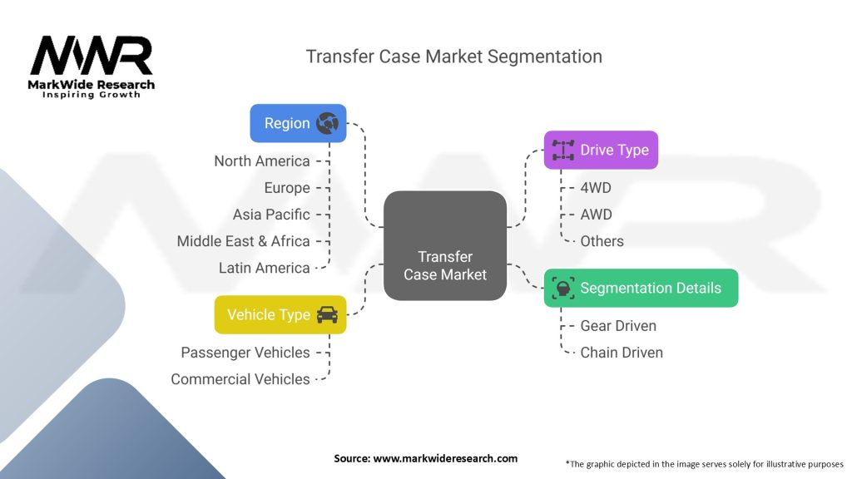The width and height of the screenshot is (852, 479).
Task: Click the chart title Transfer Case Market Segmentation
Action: [x=453, y=57]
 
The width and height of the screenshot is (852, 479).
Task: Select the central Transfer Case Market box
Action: [x=445, y=245]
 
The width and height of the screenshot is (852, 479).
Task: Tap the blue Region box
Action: [x=298, y=123]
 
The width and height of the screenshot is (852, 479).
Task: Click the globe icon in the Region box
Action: [x=327, y=123]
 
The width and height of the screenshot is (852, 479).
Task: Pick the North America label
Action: [x=261, y=161]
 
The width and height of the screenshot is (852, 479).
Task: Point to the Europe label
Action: [x=286, y=188]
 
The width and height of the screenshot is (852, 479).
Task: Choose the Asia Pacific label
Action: [x=271, y=215]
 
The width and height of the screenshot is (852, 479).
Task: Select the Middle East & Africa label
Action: [x=243, y=241]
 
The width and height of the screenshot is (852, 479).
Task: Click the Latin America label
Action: [x=264, y=268]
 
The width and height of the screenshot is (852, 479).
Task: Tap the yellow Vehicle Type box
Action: [x=280, y=314]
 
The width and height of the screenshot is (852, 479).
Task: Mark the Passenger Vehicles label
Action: [x=245, y=353]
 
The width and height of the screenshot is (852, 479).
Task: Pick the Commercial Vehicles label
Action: [x=240, y=379]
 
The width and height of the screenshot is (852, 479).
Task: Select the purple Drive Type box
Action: [x=601, y=150]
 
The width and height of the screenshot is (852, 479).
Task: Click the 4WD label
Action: [x=596, y=188]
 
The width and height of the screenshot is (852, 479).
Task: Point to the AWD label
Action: [x=596, y=215]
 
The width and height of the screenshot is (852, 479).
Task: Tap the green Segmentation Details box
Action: [x=641, y=289]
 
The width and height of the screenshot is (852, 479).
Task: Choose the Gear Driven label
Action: [x=618, y=326]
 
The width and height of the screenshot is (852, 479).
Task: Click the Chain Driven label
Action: [x=622, y=353]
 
